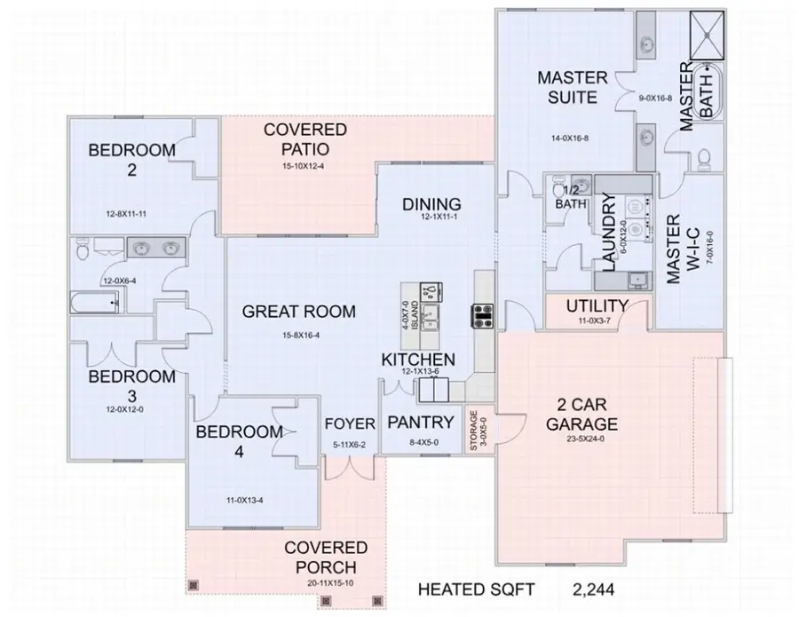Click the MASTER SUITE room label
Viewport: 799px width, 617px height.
click(573, 87)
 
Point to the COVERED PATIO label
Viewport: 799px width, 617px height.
click(305, 139)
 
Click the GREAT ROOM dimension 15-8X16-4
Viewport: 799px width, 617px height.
click(299, 335)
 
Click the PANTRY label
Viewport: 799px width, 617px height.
click(422, 422)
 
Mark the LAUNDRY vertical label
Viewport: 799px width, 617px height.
click(609, 233)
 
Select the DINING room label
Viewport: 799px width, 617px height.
click(431, 203)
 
